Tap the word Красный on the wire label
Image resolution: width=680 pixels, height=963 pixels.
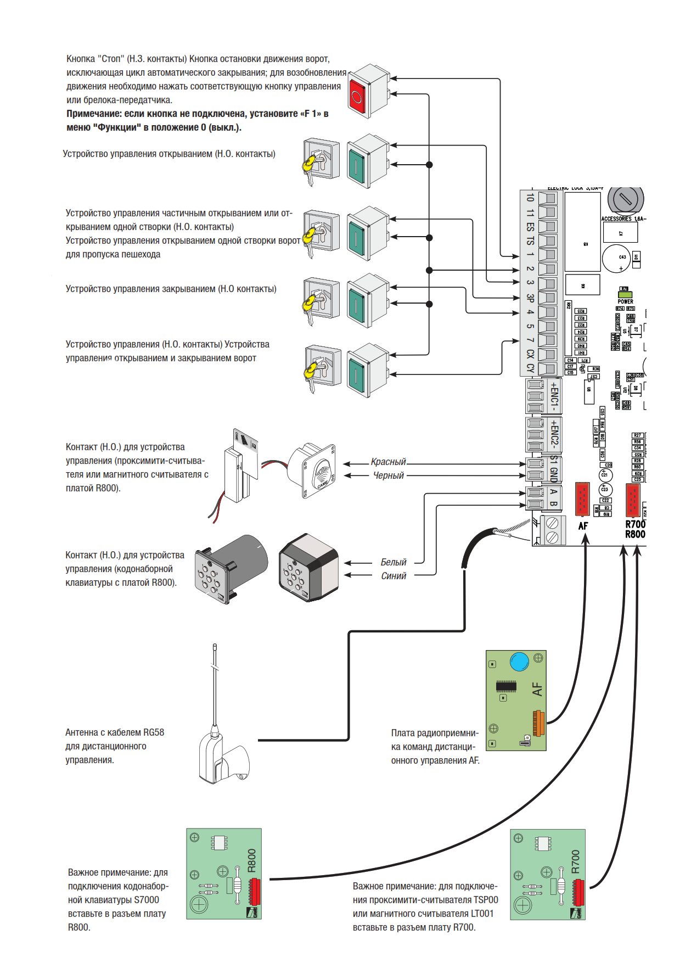[388, 462]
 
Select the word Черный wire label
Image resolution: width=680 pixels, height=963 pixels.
[388, 475]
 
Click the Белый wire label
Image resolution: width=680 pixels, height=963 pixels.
[393, 562]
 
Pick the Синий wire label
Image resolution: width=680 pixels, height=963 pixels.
[394, 576]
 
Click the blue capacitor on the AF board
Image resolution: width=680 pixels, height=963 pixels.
[519, 662]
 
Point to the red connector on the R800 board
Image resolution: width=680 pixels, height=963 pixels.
[254, 892]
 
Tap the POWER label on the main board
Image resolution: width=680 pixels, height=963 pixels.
[625, 301]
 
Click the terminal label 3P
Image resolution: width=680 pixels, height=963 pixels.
[530, 298]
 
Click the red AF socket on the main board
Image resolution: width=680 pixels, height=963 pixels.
[582, 499]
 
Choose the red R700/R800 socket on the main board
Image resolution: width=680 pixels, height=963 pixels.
[633, 500]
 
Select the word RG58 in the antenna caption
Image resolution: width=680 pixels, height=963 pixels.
[154, 732]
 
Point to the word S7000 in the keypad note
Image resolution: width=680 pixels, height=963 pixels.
[146, 900]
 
